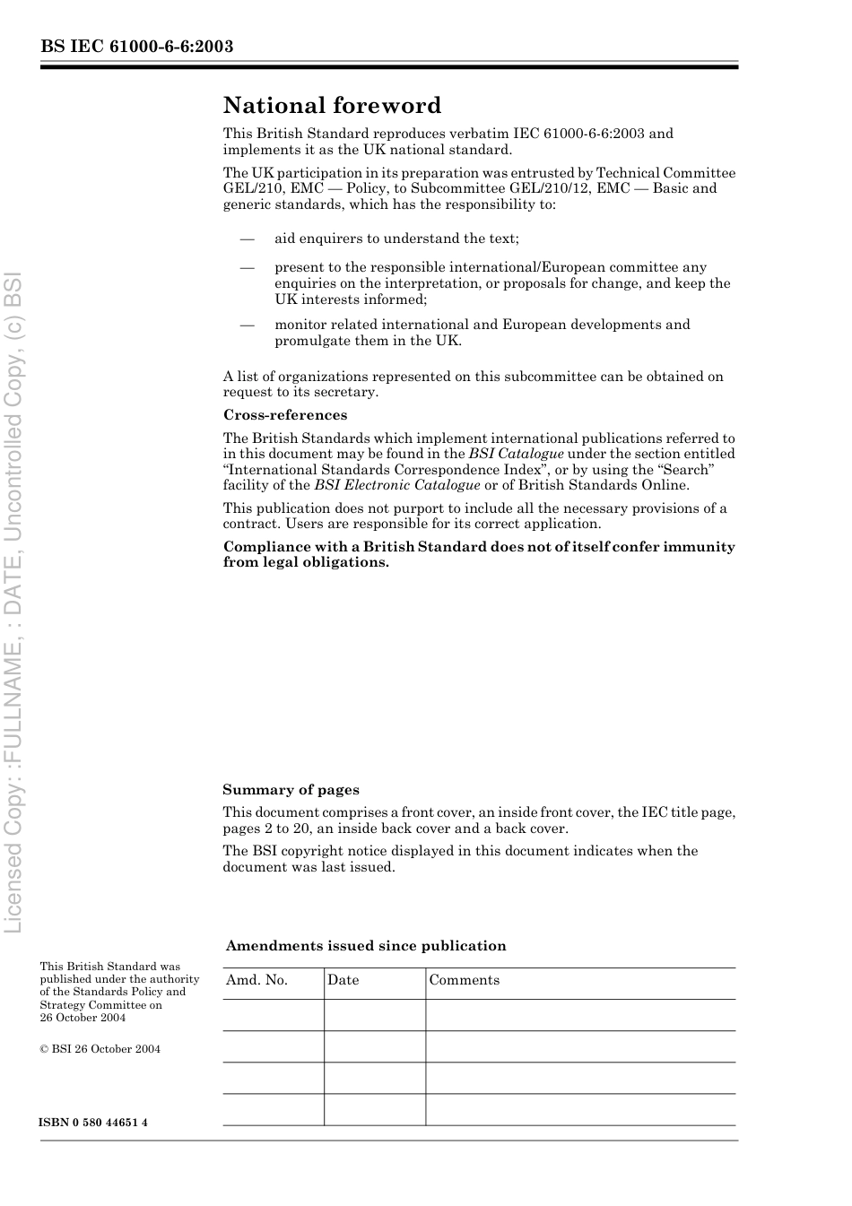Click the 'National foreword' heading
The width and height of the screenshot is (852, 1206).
click(x=332, y=106)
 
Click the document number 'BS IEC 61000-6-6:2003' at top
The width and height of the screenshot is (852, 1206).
click(x=137, y=47)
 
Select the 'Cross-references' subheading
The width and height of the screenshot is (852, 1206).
click(x=284, y=415)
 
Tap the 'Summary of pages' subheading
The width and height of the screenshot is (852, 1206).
click(x=291, y=790)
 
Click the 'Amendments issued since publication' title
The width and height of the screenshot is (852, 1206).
click(x=366, y=946)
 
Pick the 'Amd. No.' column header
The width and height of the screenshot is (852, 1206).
click(x=256, y=980)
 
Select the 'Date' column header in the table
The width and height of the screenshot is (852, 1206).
click(x=343, y=980)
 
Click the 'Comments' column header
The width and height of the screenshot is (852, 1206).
click(x=464, y=980)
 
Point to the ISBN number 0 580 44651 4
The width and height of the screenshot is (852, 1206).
click(x=93, y=1123)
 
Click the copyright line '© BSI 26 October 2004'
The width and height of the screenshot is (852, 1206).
click(x=100, y=1049)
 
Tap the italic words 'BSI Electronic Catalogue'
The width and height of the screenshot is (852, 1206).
click(x=396, y=485)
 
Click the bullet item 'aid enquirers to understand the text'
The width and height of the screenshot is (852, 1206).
click(x=396, y=239)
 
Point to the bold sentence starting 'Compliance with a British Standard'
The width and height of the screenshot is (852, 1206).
click(x=478, y=554)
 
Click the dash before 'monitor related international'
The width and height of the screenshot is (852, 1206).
click(x=246, y=325)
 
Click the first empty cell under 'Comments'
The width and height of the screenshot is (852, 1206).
click(x=579, y=1015)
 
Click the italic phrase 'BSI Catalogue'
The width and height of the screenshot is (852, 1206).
click(x=516, y=454)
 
